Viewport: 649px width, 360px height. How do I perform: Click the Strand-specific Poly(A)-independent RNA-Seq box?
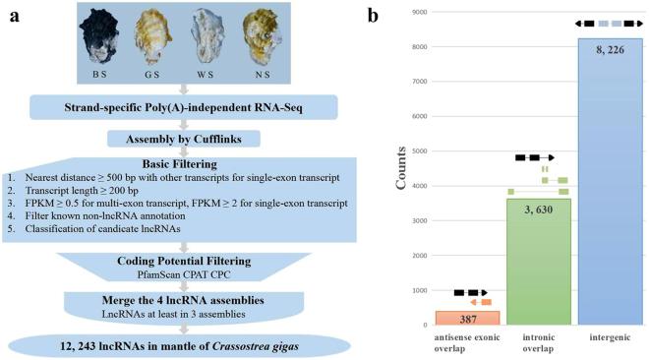click(x=183, y=104)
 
